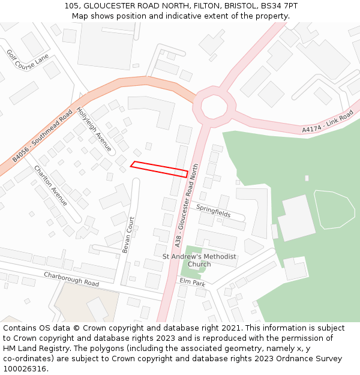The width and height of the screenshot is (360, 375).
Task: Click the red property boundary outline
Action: click(159, 169)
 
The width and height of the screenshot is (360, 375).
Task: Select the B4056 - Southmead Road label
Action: click(43, 136)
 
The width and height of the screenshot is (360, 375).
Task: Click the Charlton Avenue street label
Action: click(50, 185)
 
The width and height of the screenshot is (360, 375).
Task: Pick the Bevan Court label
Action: click(127, 235)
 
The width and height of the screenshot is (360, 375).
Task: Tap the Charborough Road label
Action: click(71, 279)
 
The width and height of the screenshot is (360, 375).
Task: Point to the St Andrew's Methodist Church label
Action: click(199, 260)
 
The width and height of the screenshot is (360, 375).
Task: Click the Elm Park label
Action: click(192, 282)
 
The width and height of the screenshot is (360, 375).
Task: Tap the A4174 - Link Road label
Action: click(328, 122)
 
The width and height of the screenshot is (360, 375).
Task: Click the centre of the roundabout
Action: click(214, 107)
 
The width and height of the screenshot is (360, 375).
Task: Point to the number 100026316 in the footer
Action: click(25, 368)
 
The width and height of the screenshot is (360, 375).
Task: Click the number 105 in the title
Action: click(71, 6)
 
